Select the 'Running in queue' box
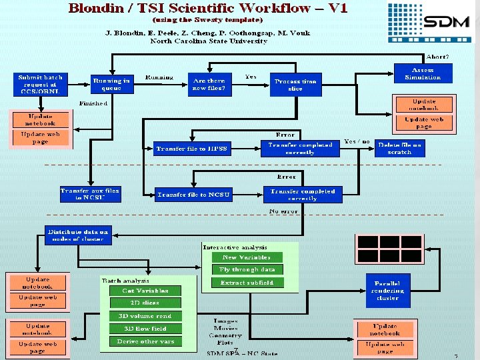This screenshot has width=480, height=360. (x=111, y=84)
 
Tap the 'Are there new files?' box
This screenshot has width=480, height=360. (x=209, y=84)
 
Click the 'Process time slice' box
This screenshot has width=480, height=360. (x=295, y=85)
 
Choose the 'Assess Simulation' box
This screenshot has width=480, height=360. (x=423, y=73)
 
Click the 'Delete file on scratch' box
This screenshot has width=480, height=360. (x=399, y=148)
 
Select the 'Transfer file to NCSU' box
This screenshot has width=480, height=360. (x=193, y=195)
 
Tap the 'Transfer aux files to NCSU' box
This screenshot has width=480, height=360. (x=90, y=194)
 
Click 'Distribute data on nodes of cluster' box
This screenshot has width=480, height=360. (x=78, y=236)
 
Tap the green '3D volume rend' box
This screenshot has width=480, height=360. (x=145, y=316)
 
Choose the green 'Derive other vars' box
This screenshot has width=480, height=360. (x=145, y=341)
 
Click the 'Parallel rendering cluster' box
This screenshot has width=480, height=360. (x=388, y=291)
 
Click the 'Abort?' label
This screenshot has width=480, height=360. (x=437, y=57)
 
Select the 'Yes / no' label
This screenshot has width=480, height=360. (x=357, y=142)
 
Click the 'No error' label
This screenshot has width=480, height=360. (x=283, y=211)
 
